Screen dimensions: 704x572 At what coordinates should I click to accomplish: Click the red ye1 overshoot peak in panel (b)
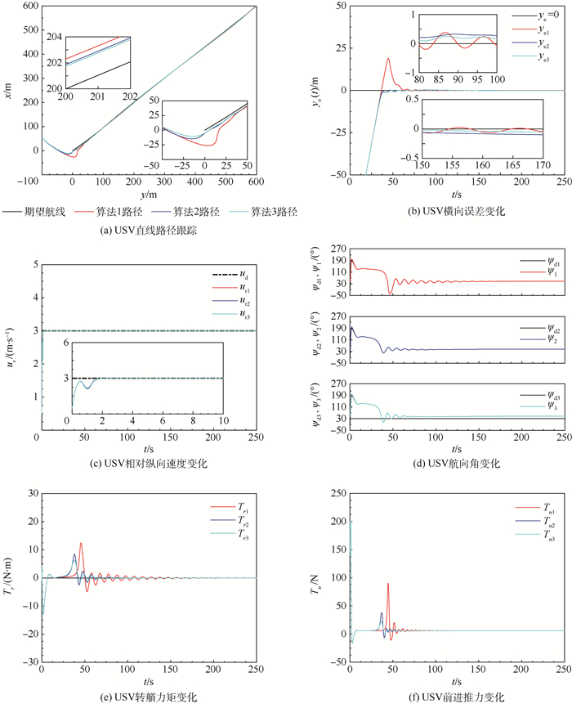click(x=388, y=58)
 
